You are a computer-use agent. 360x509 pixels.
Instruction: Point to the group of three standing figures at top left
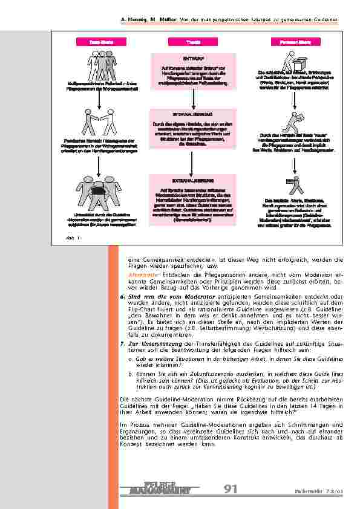(99, 64)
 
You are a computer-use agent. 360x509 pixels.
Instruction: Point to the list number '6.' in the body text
(122, 296)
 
